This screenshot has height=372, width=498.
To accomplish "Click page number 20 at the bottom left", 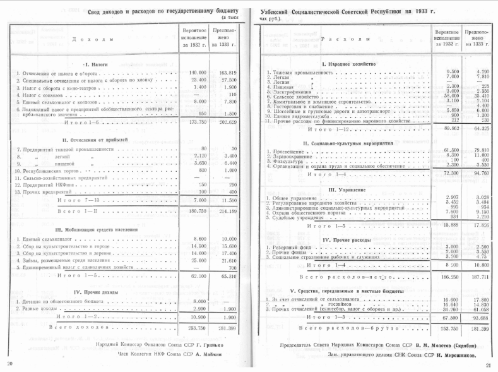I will point(9,365).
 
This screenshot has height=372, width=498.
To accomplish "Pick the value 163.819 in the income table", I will point(227,73).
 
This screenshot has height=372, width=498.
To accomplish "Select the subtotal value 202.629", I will point(227,122).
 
